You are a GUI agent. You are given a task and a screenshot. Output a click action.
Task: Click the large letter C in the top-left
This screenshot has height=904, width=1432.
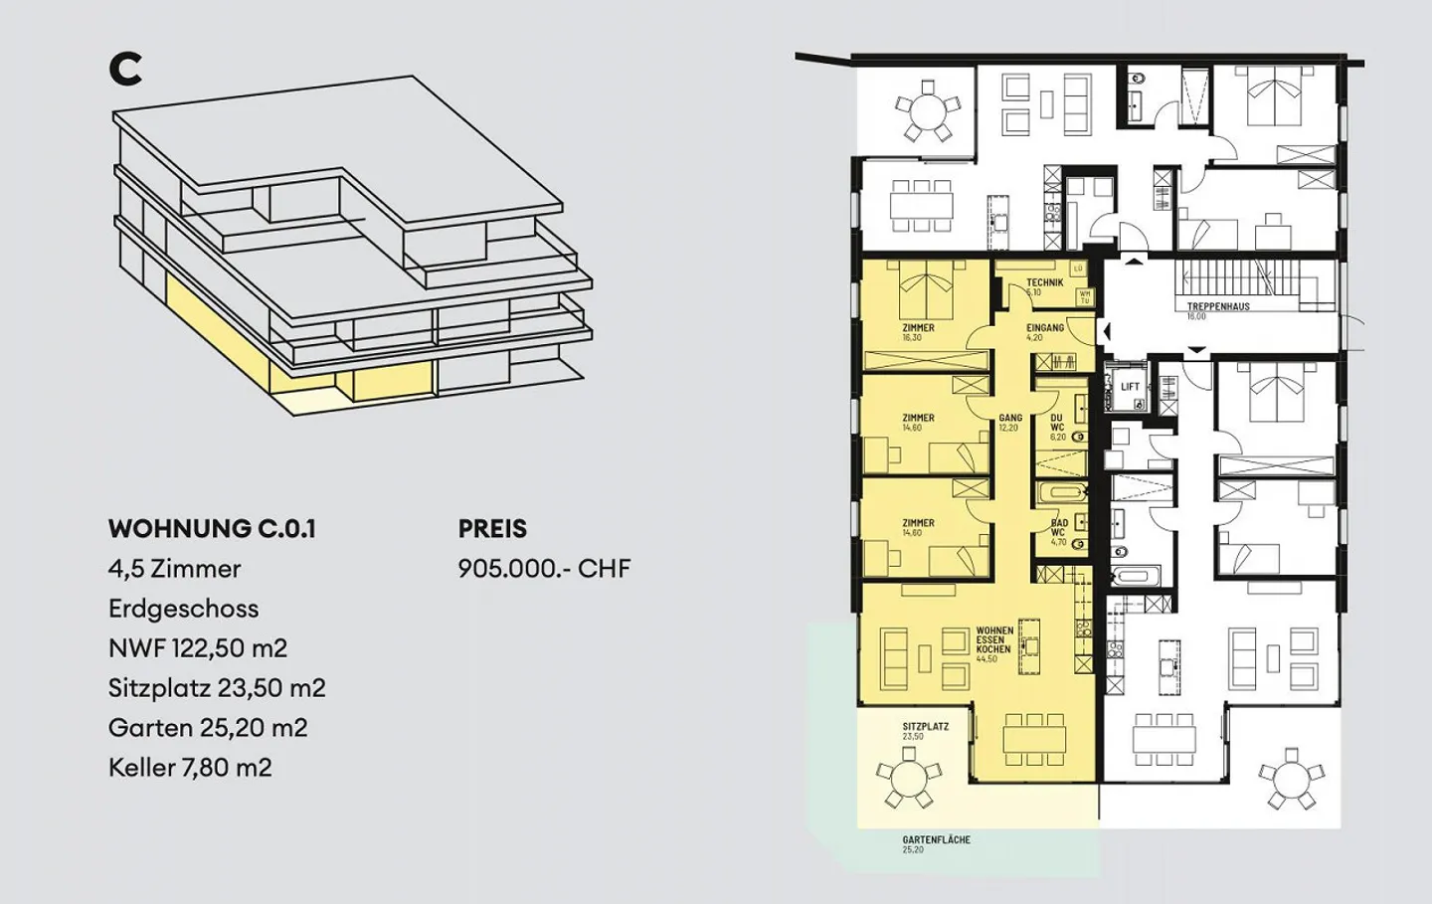[x=125, y=69]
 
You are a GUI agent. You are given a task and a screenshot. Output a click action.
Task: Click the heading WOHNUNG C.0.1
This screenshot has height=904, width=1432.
[x=212, y=529]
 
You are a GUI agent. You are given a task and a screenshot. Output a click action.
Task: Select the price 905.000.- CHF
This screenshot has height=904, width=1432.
[x=544, y=569]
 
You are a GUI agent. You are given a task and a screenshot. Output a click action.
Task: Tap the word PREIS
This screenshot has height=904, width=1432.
[x=492, y=529]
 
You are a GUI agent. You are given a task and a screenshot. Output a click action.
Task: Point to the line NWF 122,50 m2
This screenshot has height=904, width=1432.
[x=198, y=648]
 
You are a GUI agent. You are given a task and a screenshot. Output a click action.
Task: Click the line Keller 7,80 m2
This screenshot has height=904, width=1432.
[x=190, y=768]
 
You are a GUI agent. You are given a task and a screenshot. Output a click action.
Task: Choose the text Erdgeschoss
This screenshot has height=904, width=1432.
[x=183, y=609]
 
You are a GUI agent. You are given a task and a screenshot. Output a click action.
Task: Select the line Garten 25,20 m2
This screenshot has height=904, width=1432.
[x=208, y=728]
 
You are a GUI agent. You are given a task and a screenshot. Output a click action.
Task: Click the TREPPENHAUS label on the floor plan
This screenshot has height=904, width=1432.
[x=1217, y=307]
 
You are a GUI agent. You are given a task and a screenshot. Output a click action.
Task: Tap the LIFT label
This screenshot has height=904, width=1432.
[x=1130, y=387]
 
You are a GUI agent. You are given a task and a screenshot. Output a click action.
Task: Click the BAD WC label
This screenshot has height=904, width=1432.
[x=1059, y=529]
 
